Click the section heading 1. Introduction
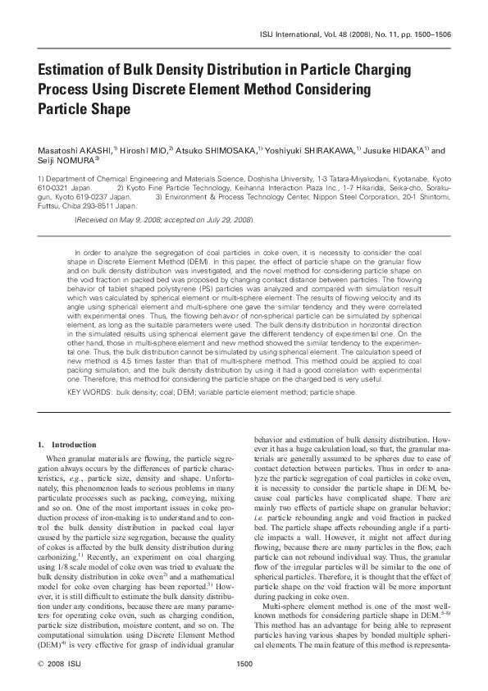[69, 444]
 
